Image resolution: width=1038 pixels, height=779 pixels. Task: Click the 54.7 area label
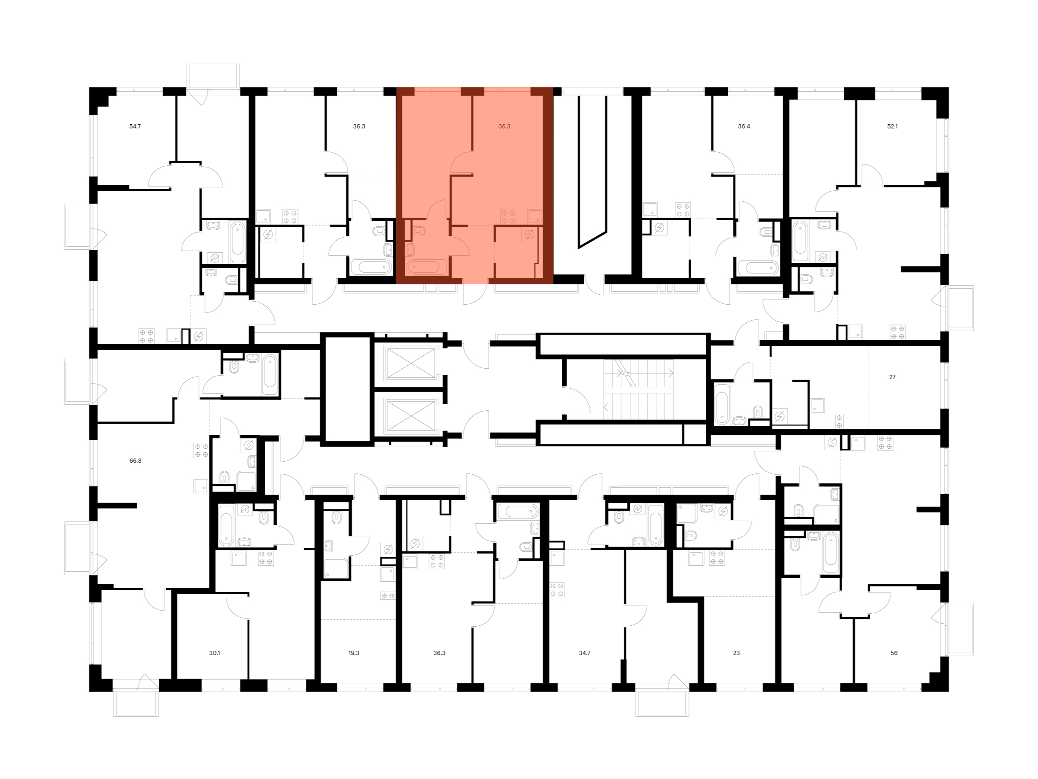tap(135, 126)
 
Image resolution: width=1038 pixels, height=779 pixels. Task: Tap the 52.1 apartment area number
tap(892, 126)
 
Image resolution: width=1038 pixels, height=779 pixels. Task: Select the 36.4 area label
tap(744, 126)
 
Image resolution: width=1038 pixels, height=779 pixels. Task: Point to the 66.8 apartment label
tap(135, 460)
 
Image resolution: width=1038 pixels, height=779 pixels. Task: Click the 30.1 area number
tap(215, 653)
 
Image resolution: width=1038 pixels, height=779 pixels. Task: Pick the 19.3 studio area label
tap(354, 653)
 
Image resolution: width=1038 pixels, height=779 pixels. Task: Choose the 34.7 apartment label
tap(584, 653)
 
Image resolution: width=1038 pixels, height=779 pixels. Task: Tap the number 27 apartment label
tap(892, 377)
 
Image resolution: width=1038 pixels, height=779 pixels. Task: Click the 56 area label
tap(894, 653)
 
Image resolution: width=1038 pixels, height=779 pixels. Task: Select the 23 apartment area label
tap(736, 653)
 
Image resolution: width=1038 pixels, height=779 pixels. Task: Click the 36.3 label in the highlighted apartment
tap(504, 126)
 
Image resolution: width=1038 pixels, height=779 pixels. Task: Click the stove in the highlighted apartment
tap(508, 216)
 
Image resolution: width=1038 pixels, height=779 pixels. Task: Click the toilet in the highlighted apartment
tap(418, 232)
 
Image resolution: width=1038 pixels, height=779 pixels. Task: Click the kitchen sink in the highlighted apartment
tap(535, 216)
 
